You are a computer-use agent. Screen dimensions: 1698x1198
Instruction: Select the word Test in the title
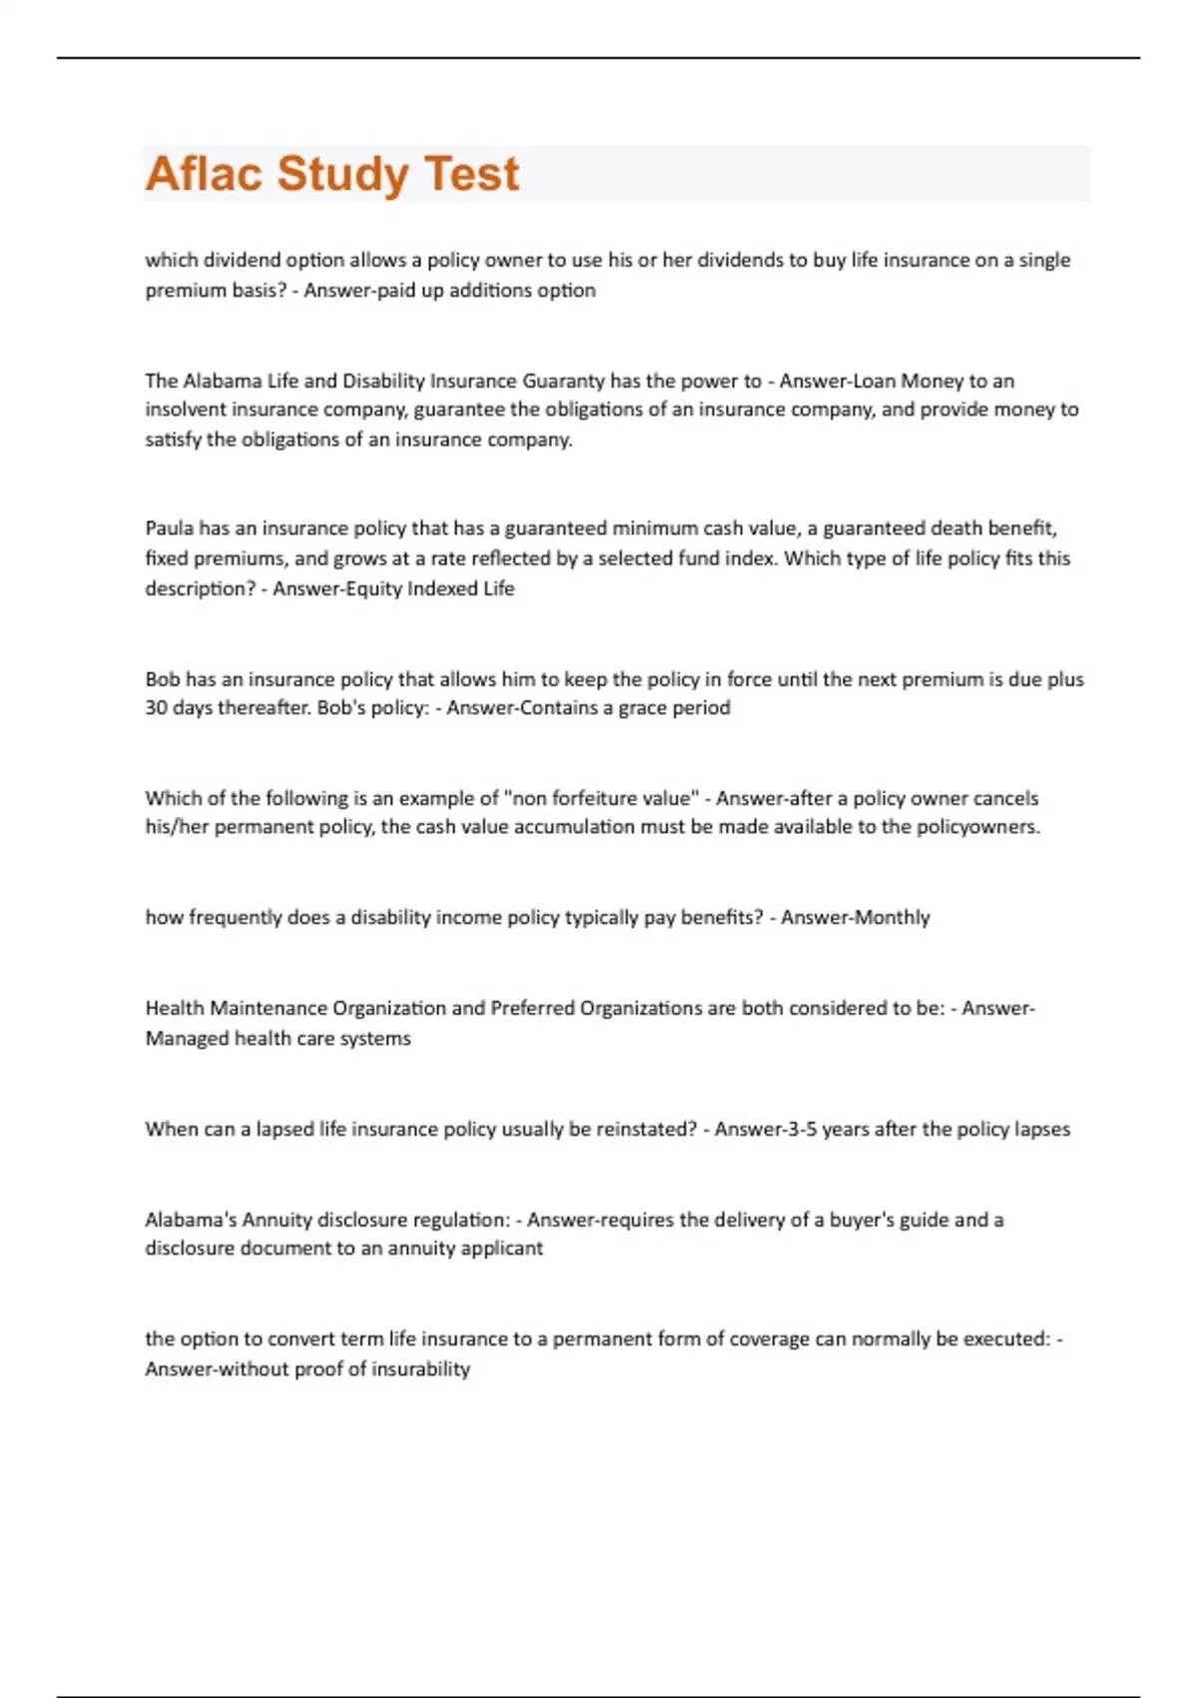471,174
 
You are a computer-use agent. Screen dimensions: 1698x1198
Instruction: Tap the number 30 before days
156,708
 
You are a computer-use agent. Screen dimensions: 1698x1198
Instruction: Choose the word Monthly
893,917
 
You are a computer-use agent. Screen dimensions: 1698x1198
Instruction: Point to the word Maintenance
269,1008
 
